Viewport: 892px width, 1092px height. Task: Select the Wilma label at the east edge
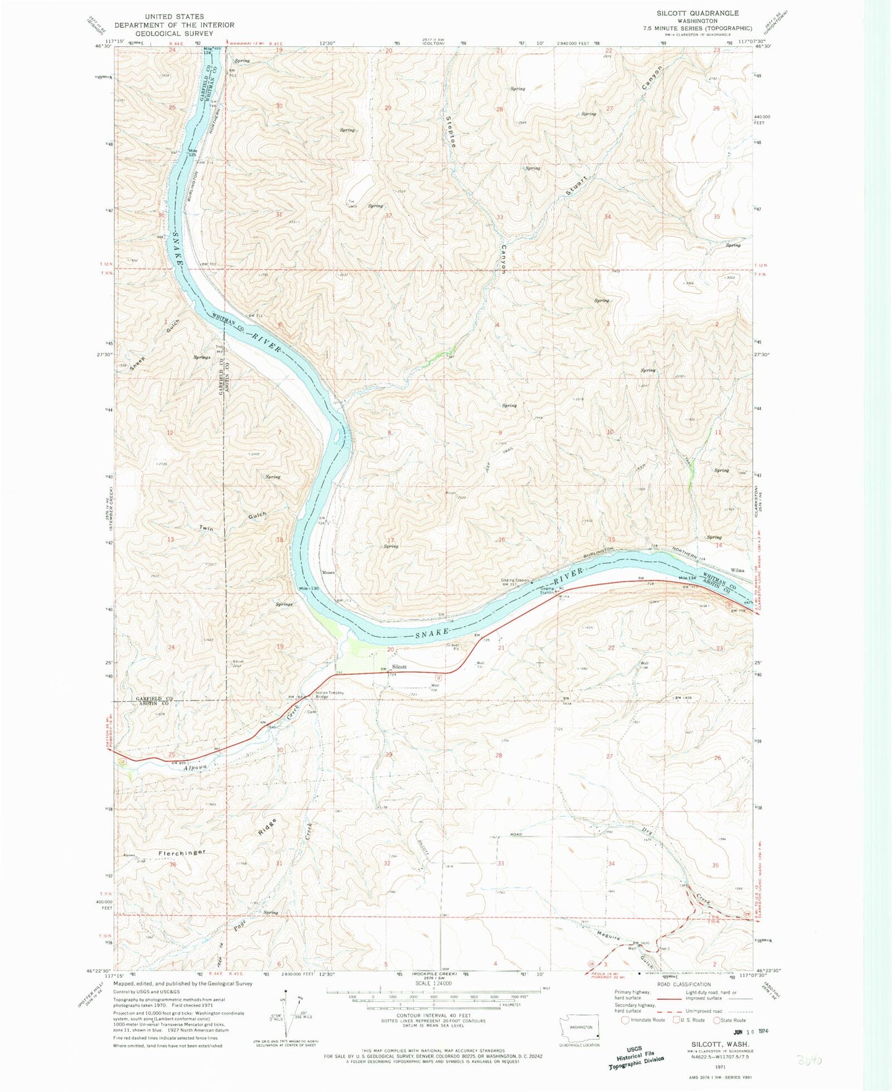click(x=738, y=570)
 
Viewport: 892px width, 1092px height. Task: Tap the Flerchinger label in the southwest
click(x=181, y=852)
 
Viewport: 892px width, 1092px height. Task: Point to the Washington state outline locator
click(x=580, y=1030)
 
